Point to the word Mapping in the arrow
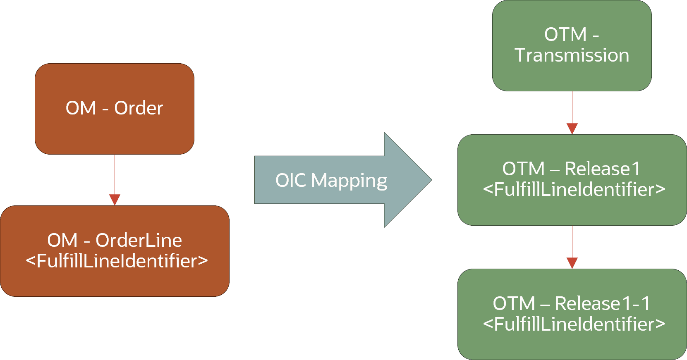(349, 181)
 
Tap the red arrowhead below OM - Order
(115, 199)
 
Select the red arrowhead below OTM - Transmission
(572, 128)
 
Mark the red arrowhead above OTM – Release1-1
(572, 262)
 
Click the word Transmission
(572, 55)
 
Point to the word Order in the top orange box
(139, 108)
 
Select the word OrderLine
(139, 241)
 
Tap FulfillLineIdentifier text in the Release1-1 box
(574, 324)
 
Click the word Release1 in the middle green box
(602, 169)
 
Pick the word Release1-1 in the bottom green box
(602, 303)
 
